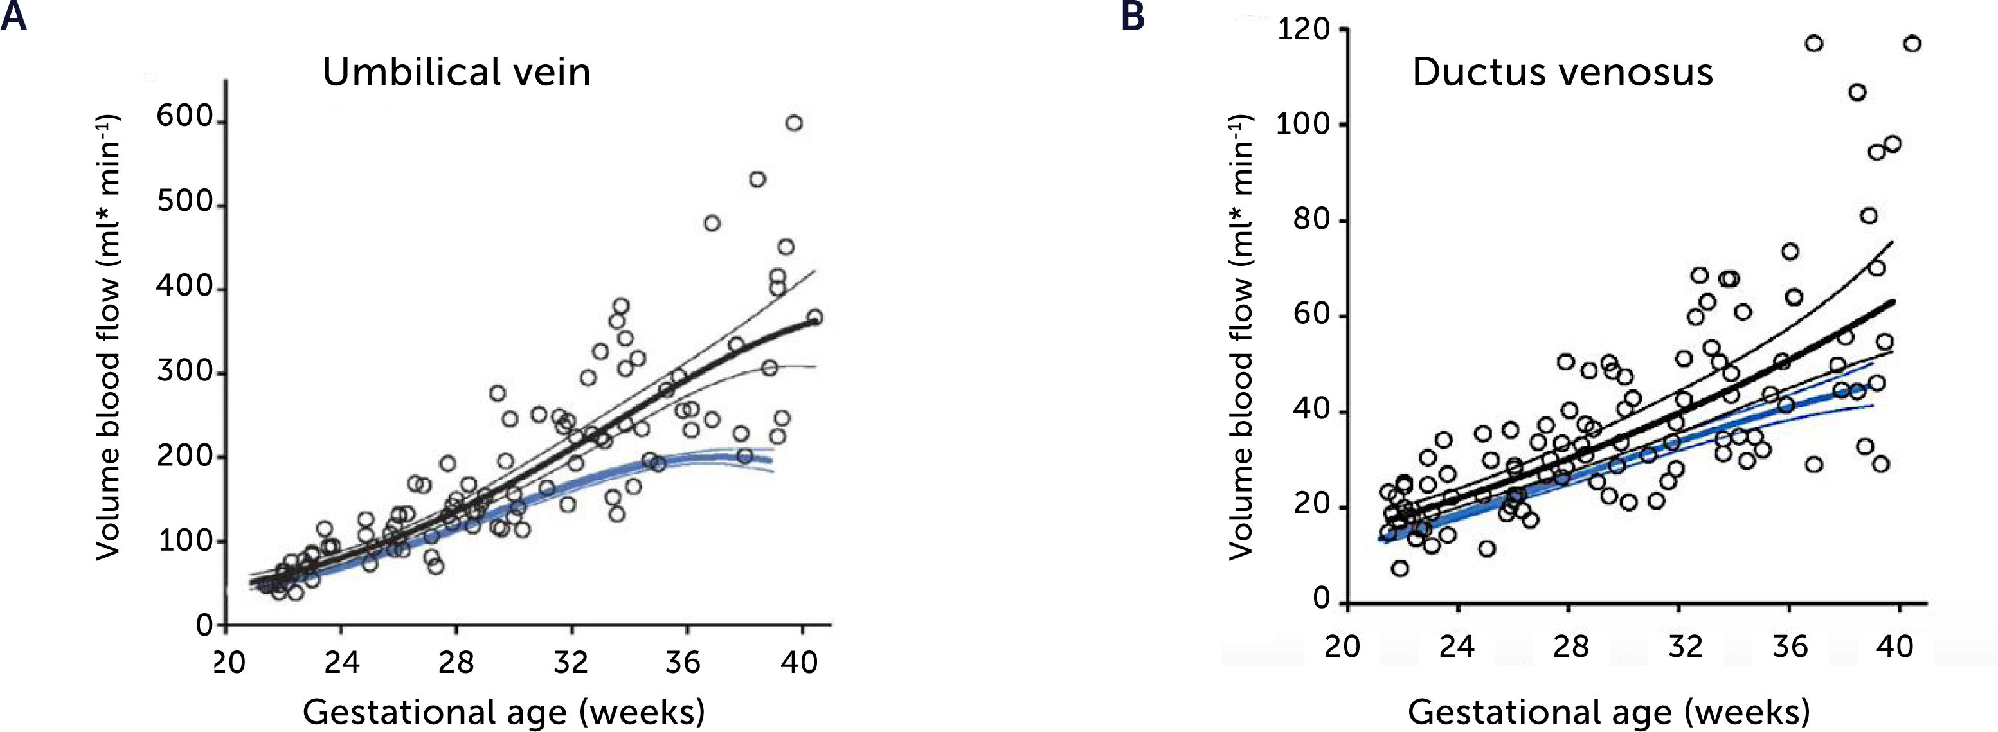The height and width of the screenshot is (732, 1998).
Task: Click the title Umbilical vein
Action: tap(456, 72)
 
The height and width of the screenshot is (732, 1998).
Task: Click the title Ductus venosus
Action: tap(1562, 72)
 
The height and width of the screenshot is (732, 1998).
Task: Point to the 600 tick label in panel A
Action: tap(184, 117)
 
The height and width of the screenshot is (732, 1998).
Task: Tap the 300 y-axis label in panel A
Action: tap(184, 371)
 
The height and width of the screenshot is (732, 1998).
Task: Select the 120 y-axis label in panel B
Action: tap(1302, 30)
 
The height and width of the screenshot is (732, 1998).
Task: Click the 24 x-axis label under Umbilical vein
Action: tap(342, 662)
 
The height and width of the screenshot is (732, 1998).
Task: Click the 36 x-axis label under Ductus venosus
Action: tap(1789, 645)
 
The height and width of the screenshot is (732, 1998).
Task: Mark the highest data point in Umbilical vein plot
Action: tap(793, 123)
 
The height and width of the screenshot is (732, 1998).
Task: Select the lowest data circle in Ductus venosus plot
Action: tap(1400, 568)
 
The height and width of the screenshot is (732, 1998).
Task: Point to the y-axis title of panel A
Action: tap(109, 337)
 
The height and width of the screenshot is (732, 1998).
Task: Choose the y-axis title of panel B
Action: tap(1241, 337)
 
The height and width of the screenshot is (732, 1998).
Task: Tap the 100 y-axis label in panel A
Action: tap(184, 540)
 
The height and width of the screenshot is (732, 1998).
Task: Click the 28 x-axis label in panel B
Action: tap(1571, 645)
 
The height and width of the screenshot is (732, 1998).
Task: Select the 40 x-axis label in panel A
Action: tap(799, 662)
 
